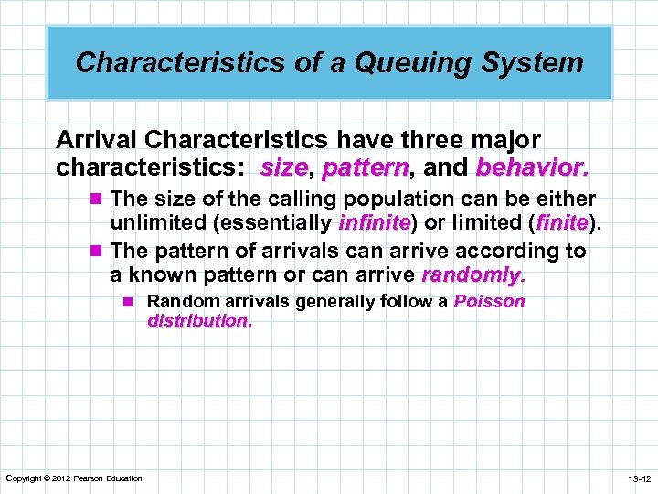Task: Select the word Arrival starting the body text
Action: pos(97,140)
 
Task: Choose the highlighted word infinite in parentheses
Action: pos(375,222)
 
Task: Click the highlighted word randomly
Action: pos(472,274)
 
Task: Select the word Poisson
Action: pos(490,302)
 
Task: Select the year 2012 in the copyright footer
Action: pos(61,478)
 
